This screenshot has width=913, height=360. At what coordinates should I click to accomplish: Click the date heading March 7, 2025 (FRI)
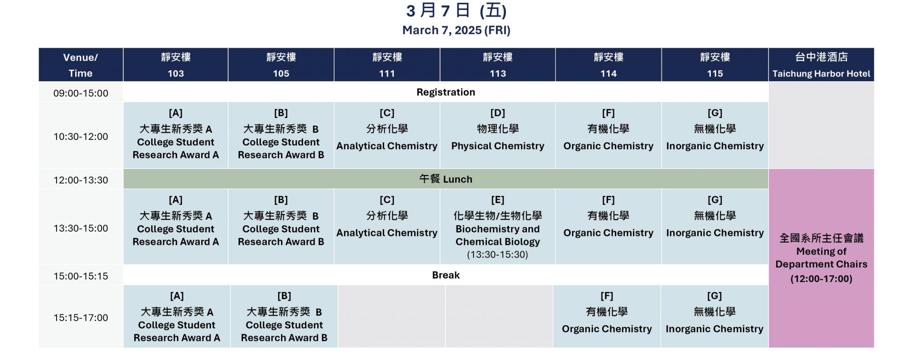(x=456, y=30)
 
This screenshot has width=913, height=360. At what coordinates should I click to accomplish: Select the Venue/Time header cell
(x=81, y=65)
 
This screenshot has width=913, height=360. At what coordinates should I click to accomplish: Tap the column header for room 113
(x=497, y=65)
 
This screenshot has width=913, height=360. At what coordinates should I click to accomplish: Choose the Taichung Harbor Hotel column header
(x=821, y=65)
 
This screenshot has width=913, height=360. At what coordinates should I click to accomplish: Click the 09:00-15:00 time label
(x=81, y=93)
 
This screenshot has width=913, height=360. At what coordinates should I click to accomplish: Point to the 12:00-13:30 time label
(x=81, y=180)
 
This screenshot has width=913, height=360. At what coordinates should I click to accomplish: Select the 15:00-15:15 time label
(x=81, y=276)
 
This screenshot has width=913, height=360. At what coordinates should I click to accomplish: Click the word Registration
(x=446, y=92)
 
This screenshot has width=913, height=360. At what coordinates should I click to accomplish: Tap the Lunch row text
(x=446, y=179)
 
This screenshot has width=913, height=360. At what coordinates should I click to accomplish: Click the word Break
(x=446, y=275)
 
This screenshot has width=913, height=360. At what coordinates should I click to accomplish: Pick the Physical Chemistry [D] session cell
(x=497, y=136)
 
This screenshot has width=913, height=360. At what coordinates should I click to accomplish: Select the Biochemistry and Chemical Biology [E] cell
(x=497, y=227)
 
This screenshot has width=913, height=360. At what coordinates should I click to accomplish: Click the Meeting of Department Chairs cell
(x=821, y=258)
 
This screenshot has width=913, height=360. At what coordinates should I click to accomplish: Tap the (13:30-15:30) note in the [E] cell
(x=497, y=255)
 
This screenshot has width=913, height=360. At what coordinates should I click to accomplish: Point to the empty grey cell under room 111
(x=391, y=317)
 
